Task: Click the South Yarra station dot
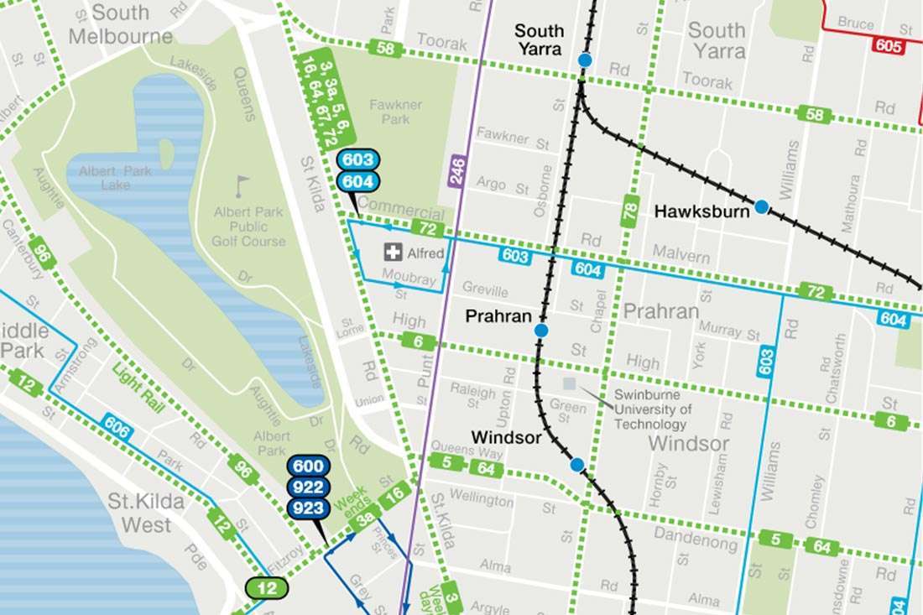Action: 585,60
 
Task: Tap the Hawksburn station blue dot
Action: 761,206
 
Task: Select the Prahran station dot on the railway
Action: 541,331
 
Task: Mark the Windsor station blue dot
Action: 576,464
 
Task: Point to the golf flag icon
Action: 242,185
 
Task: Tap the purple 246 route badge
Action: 456,171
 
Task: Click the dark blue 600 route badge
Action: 307,467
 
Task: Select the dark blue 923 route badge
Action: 307,508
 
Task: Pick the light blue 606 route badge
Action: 117,427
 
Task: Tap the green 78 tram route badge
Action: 629,211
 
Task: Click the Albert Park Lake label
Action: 116,178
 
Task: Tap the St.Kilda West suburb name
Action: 139,513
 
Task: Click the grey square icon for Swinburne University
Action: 570,384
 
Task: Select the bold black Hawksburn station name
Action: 701,211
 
